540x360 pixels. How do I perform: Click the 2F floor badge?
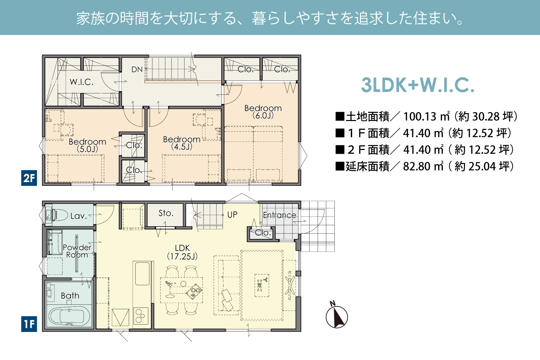click(x=29, y=178)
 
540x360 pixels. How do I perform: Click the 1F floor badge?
click(x=29, y=324)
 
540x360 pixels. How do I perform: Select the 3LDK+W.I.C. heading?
click(x=418, y=85)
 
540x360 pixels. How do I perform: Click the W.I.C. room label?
click(x=81, y=82)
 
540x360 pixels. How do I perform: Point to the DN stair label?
click(x=137, y=70)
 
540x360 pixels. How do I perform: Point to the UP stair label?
click(x=232, y=214)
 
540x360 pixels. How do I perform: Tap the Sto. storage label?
click(x=166, y=213)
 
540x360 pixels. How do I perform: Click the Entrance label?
click(x=280, y=215)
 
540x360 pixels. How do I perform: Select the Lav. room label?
click(x=79, y=216)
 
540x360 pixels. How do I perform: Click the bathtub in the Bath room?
click(x=70, y=316)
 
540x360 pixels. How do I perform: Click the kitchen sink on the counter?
click(x=142, y=274)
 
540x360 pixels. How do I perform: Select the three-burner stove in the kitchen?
click(x=141, y=316)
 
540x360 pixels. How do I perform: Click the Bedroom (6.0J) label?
click(x=263, y=111)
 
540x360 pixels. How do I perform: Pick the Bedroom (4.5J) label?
click(x=181, y=143)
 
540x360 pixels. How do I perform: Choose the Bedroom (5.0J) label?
click(x=87, y=145)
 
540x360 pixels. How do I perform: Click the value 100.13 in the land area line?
click(x=420, y=117)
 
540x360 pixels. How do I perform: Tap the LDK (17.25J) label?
click(x=182, y=252)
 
